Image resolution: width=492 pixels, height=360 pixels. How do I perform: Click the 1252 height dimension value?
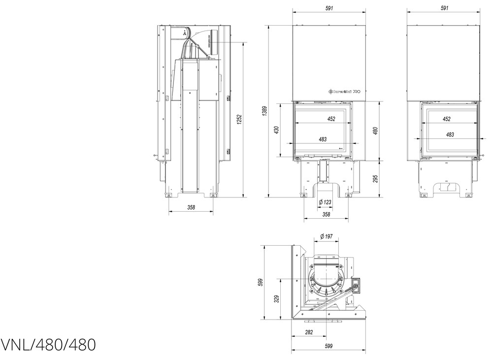point(239,119)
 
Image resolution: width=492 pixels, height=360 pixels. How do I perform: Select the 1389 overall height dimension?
point(264,111)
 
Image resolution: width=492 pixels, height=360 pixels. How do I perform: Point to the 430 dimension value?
point(277,130)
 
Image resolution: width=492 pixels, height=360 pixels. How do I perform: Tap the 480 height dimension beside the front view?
point(375,131)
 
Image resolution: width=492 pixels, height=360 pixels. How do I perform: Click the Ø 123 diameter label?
point(325,202)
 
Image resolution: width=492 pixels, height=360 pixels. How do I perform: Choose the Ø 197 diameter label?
point(326,237)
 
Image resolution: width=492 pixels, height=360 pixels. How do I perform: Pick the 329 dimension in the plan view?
point(277,298)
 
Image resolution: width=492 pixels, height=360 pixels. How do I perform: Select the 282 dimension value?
point(309,332)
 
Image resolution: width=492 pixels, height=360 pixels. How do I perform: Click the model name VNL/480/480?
point(48,345)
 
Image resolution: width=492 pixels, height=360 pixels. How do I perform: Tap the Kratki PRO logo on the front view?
point(344,91)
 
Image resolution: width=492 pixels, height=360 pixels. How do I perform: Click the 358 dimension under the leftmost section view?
point(191,208)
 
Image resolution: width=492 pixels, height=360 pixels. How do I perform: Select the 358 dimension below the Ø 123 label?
point(326,214)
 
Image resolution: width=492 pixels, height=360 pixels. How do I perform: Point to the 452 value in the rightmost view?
point(446,119)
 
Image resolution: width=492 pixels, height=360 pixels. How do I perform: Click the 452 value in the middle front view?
point(331,119)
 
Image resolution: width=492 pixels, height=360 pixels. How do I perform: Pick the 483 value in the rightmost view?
point(450,134)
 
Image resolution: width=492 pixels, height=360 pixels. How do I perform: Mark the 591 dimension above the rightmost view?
point(444,8)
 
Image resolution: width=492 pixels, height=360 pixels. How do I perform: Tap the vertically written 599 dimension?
point(261,282)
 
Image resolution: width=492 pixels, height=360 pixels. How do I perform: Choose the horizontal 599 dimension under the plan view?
point(329,346)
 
